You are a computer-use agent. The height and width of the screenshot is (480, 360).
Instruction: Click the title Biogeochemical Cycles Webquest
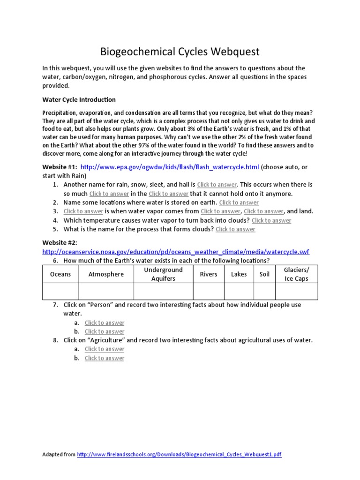pos(180,51)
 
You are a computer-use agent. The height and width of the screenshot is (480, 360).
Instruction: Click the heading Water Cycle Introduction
pos(79,99)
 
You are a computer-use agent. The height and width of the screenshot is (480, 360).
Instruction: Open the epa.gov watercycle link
pos(170,167)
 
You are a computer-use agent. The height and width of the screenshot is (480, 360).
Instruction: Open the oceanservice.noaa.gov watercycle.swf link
pos(176,252)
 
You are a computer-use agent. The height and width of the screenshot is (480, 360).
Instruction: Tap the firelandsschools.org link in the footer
pos(179,454)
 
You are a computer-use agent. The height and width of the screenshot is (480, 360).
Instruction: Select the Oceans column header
pos(60,274)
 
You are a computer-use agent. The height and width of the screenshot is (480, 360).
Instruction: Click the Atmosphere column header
pos(106,274)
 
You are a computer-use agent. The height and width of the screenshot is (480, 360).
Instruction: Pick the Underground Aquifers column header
pos(163,274)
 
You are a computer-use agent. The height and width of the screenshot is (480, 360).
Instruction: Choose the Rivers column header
pos(209,274)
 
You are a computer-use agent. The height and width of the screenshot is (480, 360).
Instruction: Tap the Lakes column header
pos(239,274)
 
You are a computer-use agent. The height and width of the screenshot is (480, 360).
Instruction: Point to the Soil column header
pos(264,274)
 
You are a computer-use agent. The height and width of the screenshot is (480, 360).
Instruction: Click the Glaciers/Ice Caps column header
pos(296,274)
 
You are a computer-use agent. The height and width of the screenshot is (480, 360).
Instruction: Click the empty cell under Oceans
pos(60,292)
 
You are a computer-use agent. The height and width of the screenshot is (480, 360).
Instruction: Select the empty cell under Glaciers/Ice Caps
pos(296,292)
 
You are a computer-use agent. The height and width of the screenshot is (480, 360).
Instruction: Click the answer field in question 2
pos(239,202)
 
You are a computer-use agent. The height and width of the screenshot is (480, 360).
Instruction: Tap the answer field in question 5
pos(235,229)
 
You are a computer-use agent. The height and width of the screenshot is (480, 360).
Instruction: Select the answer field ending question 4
pos(271,220)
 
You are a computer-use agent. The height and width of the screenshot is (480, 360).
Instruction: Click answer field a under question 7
pos(105,322)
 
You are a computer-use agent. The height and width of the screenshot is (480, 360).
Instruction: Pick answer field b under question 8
pos(105,358)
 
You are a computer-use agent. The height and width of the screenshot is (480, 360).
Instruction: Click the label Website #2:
pos(60,242)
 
